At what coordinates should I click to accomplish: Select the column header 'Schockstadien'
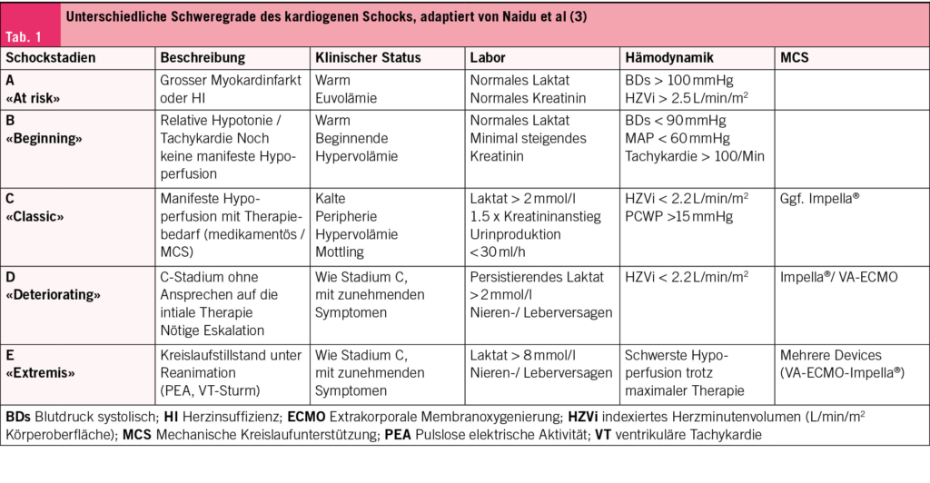tap(51, 57)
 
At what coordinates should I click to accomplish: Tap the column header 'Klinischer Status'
tap(368, 57)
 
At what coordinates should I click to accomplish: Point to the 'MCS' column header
tap(795, 57)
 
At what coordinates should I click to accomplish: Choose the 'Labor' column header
tap(489, 57)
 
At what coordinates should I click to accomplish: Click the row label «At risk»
tap(34, 98)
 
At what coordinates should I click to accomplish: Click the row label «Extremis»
tap(41, 372)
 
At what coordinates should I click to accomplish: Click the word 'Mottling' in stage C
tap(340, 251)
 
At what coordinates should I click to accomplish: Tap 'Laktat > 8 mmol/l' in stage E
tap(521, 355)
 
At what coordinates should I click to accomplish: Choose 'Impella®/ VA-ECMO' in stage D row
tap(838, 277)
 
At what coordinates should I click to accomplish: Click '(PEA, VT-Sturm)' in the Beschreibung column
tap(208, 390)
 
